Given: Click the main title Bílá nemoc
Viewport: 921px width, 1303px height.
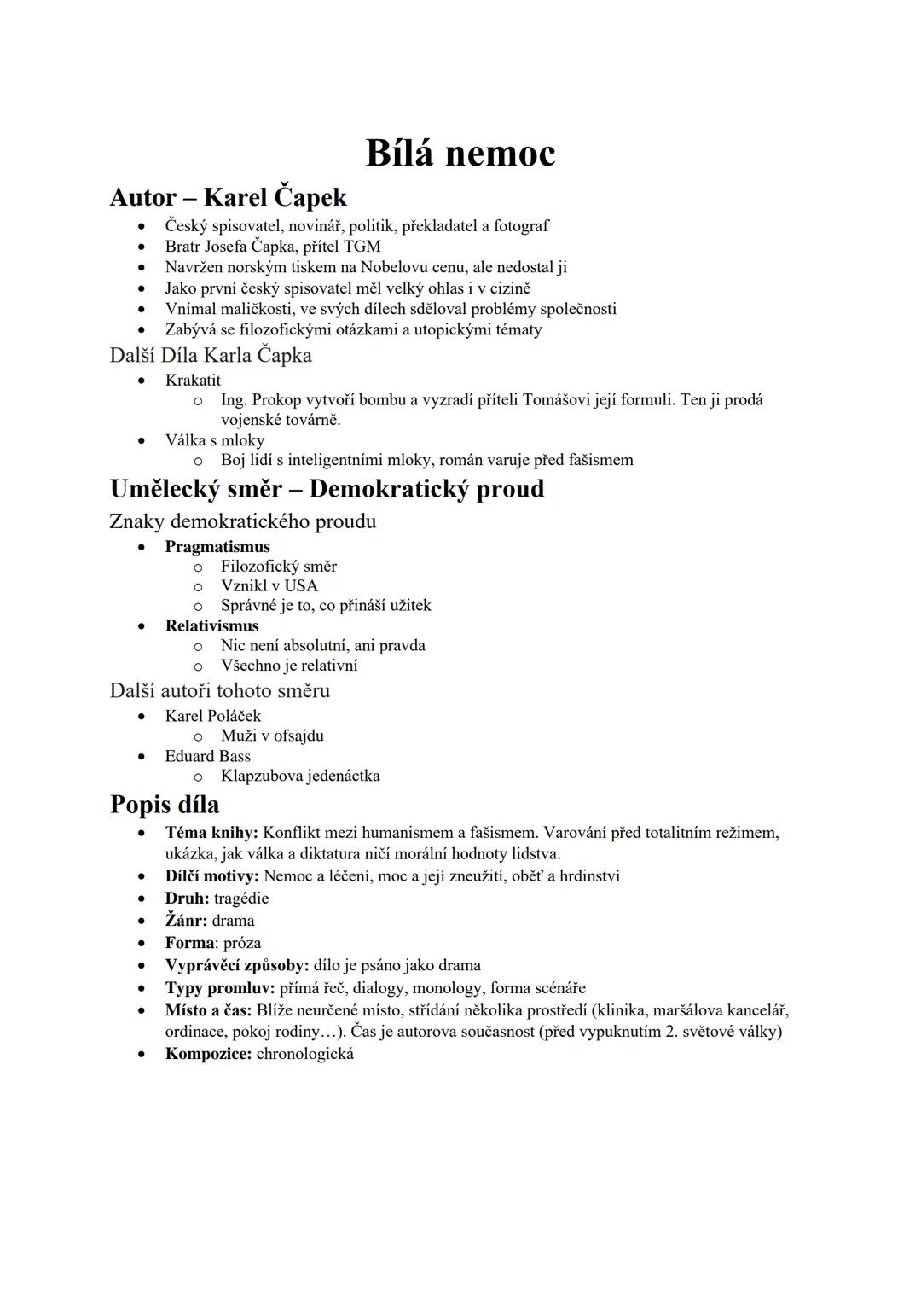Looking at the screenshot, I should (460, 154).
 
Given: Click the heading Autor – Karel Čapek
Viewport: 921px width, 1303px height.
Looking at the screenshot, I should (228, 197).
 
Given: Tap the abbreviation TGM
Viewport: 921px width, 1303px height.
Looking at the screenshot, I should (362, 247).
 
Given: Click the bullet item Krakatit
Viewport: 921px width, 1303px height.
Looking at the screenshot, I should (193, 380).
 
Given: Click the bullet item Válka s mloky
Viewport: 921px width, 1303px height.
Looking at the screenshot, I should (215, 440).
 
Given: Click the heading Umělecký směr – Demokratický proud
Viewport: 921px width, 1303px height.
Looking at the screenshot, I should (327, 489).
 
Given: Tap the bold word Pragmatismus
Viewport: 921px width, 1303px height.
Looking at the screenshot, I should (217, 547).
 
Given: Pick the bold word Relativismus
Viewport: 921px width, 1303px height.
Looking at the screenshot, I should (211, 625).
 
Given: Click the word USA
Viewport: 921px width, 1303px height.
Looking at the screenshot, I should (301, 585).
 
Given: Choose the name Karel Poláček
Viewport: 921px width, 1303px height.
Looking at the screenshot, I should (213, 716).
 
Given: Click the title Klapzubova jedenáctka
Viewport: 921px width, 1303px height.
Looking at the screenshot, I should (300, 776).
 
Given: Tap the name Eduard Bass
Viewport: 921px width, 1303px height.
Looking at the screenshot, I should (208, 756).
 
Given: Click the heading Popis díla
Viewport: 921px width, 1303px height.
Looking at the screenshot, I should (165, 805).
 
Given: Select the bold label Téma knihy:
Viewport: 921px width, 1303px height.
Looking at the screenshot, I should (211, 832).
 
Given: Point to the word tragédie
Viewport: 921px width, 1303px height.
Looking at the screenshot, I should (241, 898).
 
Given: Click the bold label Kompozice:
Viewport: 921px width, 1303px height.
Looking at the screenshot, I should (208, 1053).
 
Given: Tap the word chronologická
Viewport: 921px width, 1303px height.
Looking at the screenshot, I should (304, 1053).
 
